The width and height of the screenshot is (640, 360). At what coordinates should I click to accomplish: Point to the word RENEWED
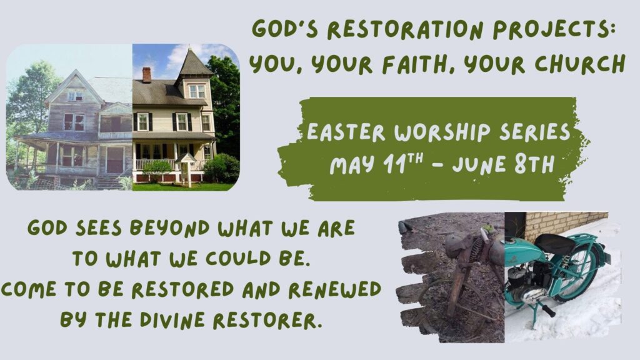[x=335, y=289]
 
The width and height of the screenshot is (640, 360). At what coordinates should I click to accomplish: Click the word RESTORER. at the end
[x=265, y=320]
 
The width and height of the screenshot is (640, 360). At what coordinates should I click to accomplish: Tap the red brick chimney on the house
[x=146, y=75]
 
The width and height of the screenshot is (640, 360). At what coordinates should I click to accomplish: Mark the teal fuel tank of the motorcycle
[x=524, y=252]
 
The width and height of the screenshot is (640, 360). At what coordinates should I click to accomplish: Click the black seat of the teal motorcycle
[x=555, y=244]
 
